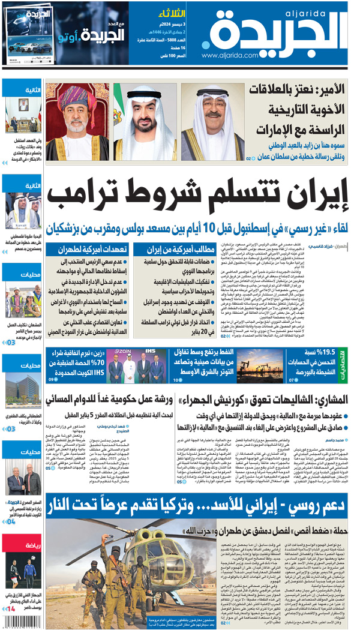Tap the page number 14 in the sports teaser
[x=8, y=609]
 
